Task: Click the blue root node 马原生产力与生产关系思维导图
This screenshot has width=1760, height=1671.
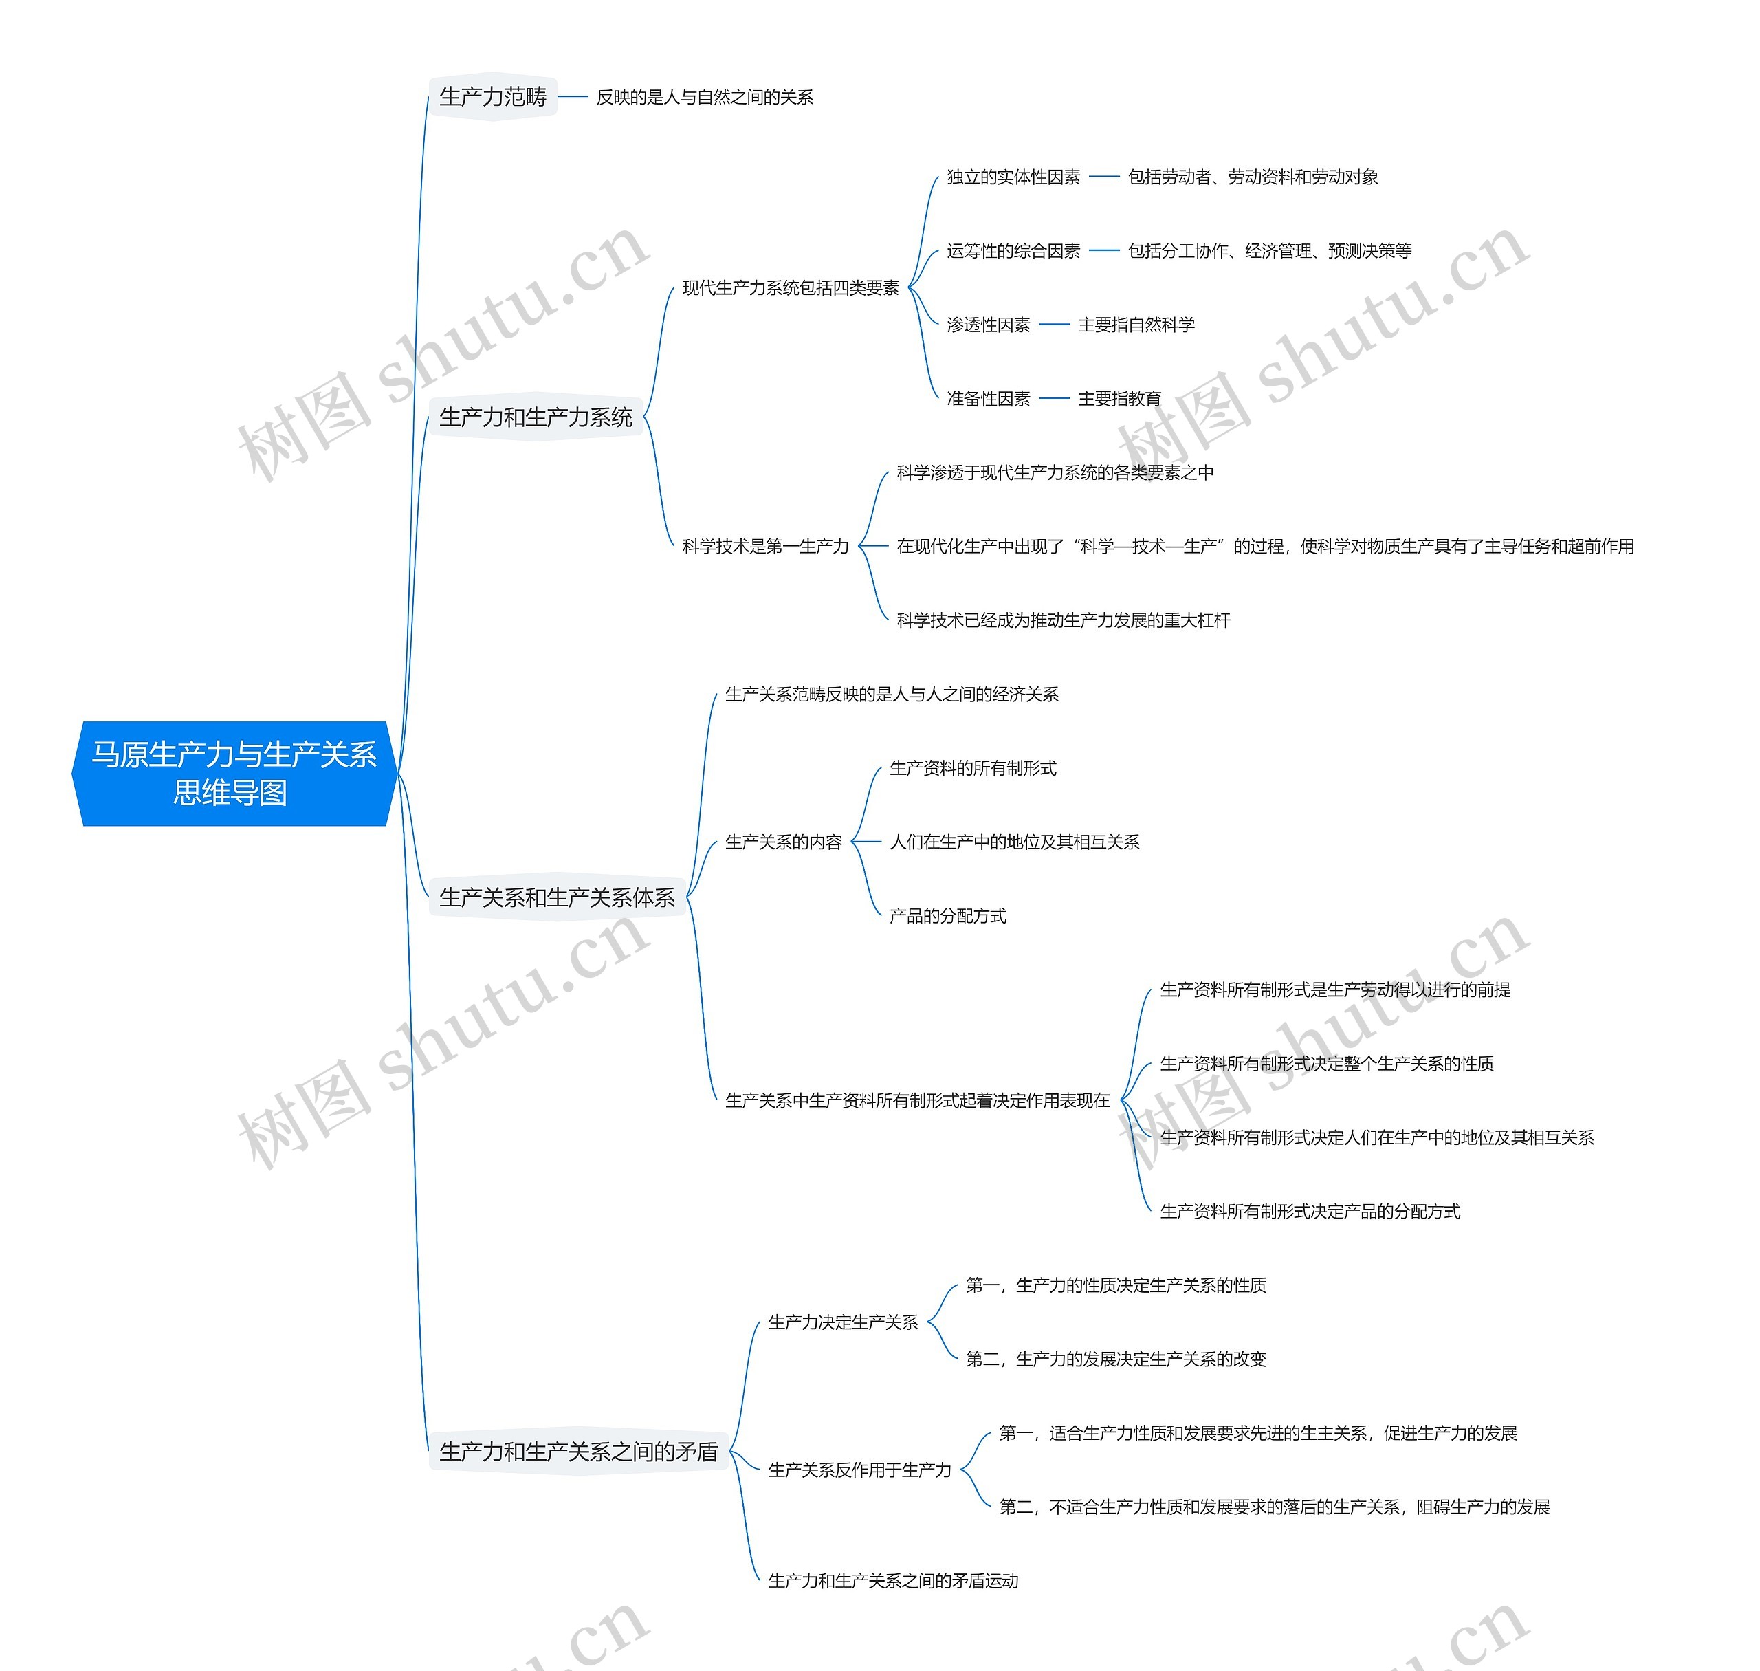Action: [x=233, y=773]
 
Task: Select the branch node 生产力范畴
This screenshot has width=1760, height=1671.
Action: [x=492, y=96]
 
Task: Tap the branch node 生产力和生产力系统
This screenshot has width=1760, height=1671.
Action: [x=536, y=417]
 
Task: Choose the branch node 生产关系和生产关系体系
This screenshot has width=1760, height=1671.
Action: [x=557, y=897]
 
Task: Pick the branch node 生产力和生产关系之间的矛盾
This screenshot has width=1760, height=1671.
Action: [x=578, y=1452]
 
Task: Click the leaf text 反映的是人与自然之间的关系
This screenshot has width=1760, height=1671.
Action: [x=705, y=97]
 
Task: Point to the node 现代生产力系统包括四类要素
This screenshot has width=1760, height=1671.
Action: [x=790, y=287]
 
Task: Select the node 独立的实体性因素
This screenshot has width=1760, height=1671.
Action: [x=1013, y=177]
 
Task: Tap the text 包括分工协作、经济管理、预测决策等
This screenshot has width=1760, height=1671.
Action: [x=1269, y=251]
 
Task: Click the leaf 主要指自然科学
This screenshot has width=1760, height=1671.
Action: [x=1136, y=325]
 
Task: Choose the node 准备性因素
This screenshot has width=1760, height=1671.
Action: [x=988, y=399]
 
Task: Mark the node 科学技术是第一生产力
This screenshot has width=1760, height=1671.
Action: [x=765, y=546]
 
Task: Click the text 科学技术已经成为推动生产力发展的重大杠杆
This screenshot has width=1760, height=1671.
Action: [x=1063, y=620]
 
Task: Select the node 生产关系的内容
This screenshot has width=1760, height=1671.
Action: [x=783, y=842]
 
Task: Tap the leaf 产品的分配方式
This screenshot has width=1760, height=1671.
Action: [x=947, y=916]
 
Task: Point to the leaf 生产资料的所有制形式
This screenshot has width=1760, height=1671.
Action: [x=973, y=768]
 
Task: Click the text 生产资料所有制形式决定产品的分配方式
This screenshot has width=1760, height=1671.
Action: [x=1309, y=1212]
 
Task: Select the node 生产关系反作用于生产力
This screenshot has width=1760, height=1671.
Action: [x=859, y=1471]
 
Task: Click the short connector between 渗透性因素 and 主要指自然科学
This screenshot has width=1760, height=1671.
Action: [x=1054, y=325]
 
